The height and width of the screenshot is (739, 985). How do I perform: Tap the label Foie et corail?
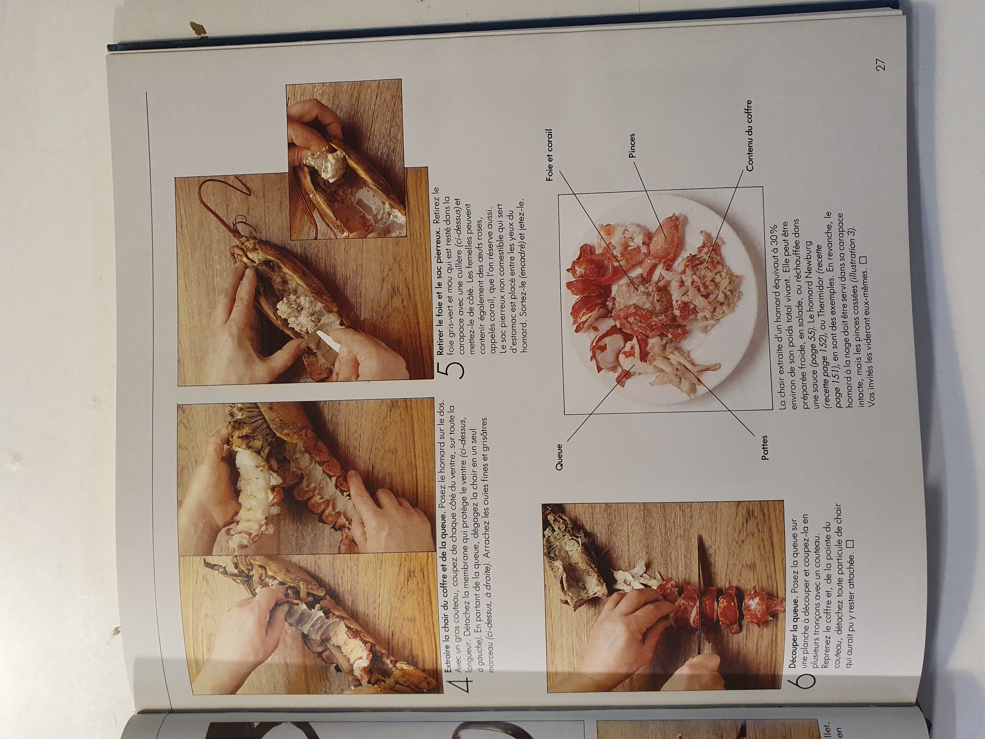coord(550,155)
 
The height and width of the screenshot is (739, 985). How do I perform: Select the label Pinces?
coord(632,145)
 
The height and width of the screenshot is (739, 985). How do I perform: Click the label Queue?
coord(559,456)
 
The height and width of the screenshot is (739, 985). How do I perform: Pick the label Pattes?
coord(764,447)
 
